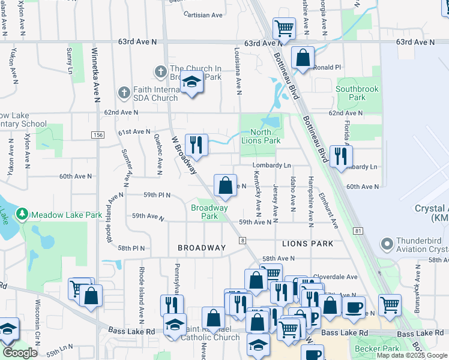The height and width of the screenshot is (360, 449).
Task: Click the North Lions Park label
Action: pyautogui.click(x=261, y=136)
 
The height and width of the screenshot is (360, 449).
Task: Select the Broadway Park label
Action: pyautogui.click(x=209, y=212)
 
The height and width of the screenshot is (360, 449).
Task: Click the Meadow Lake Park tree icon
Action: pyautogui.click(x=23, y=214)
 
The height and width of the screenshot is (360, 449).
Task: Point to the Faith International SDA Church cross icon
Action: pyautogui.click(x=124, y=93)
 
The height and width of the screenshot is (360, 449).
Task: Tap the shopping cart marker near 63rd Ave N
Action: pyautogui.click(x=284, y=28)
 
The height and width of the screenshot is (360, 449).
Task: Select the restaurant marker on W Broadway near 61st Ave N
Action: pyautogui.click(x=196, y=145)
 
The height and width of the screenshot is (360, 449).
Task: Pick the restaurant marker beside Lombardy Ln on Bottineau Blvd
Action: pyautogui.click(x=341, y=156)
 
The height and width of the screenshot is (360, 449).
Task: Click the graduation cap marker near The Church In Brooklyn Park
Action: pyautogui.click(x=192, y=83)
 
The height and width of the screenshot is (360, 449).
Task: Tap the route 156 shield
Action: pyautogui.click(x=97, y=136)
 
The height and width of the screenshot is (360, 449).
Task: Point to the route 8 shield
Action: pyautogui.click(x=243, y=241)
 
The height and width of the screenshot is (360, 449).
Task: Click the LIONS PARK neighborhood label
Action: pyautogui.click(x=307, y=244)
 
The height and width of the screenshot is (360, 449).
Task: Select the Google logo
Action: pyautogui.click(x=20, y=353)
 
